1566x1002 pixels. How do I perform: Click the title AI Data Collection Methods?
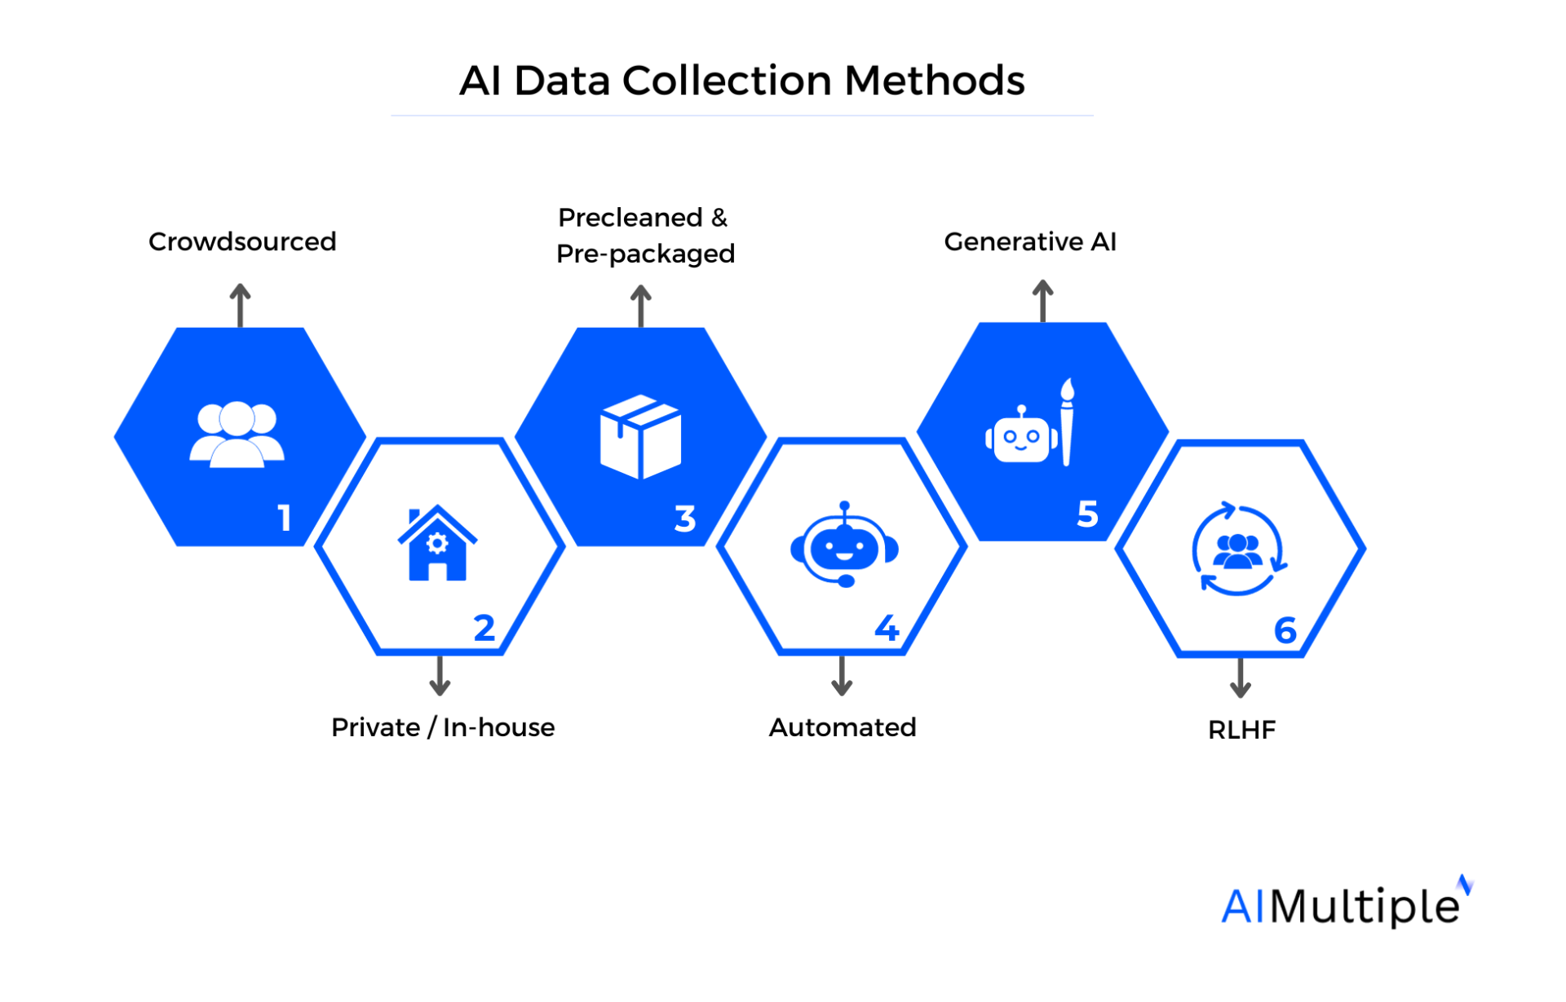point(741,81)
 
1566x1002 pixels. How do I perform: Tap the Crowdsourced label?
point(242,241)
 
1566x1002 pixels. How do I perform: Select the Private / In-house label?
point(443,726)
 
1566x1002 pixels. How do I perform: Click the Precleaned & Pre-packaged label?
point(644,236)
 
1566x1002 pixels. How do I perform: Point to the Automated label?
point(843,726)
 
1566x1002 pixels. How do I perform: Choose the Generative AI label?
point(1029,241)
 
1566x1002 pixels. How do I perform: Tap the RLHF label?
point(1241,729)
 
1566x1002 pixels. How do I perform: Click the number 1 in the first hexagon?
point(284,518)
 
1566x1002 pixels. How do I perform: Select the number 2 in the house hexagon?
point(484,628)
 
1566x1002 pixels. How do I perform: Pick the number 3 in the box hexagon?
point(685,519)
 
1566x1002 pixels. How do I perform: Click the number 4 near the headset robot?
point(887,628)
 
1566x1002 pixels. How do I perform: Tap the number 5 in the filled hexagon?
point(1087,514)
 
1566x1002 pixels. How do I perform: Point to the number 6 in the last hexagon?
point(1285,630)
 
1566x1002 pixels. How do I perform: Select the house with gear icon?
point(437,544)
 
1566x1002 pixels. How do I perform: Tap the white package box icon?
point(640,436)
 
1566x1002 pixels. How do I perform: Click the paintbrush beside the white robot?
point(1067,422)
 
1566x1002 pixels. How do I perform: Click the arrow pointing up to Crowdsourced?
point(240,305)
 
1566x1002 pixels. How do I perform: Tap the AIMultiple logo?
point(1345,903)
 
